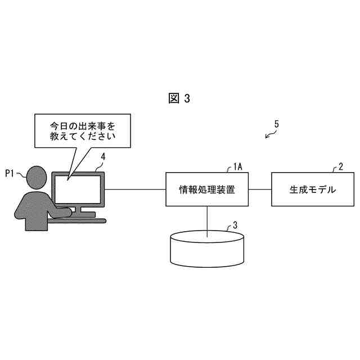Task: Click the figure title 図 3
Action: [x=179, y=98]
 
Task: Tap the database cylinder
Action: [x=207, y=250]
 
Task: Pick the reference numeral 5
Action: [x=277, y=124]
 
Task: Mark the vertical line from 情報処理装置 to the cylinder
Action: [x=207, y=219]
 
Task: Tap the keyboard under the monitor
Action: [x=84, y=220]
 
